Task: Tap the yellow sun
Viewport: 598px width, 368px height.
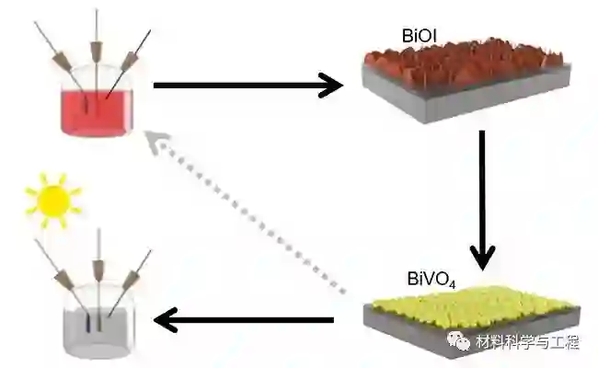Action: click(52, 199)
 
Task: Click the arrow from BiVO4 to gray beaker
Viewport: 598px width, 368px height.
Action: click(243, 320)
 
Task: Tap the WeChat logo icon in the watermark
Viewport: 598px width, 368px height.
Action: click(459, 342)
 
